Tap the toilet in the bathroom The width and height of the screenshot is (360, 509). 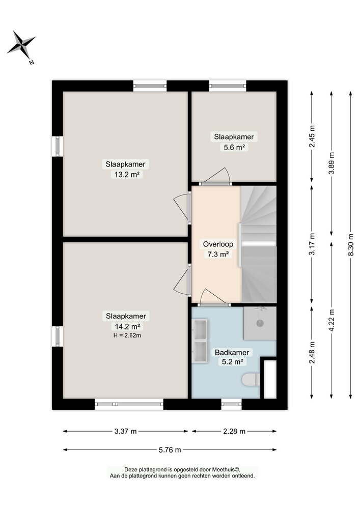[x=251, y=380]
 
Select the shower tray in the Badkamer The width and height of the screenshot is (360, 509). [x=260, y=323]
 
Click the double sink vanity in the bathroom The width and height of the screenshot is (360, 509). [x=200, y=339]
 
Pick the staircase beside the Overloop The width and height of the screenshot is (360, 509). [x=259, y=244]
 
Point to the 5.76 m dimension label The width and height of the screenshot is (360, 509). [x=170, y=450]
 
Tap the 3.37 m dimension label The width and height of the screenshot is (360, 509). [x=125, y=431]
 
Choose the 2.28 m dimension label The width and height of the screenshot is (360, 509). [x=234, y=431]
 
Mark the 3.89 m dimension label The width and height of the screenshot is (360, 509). [x=331, y=163]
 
